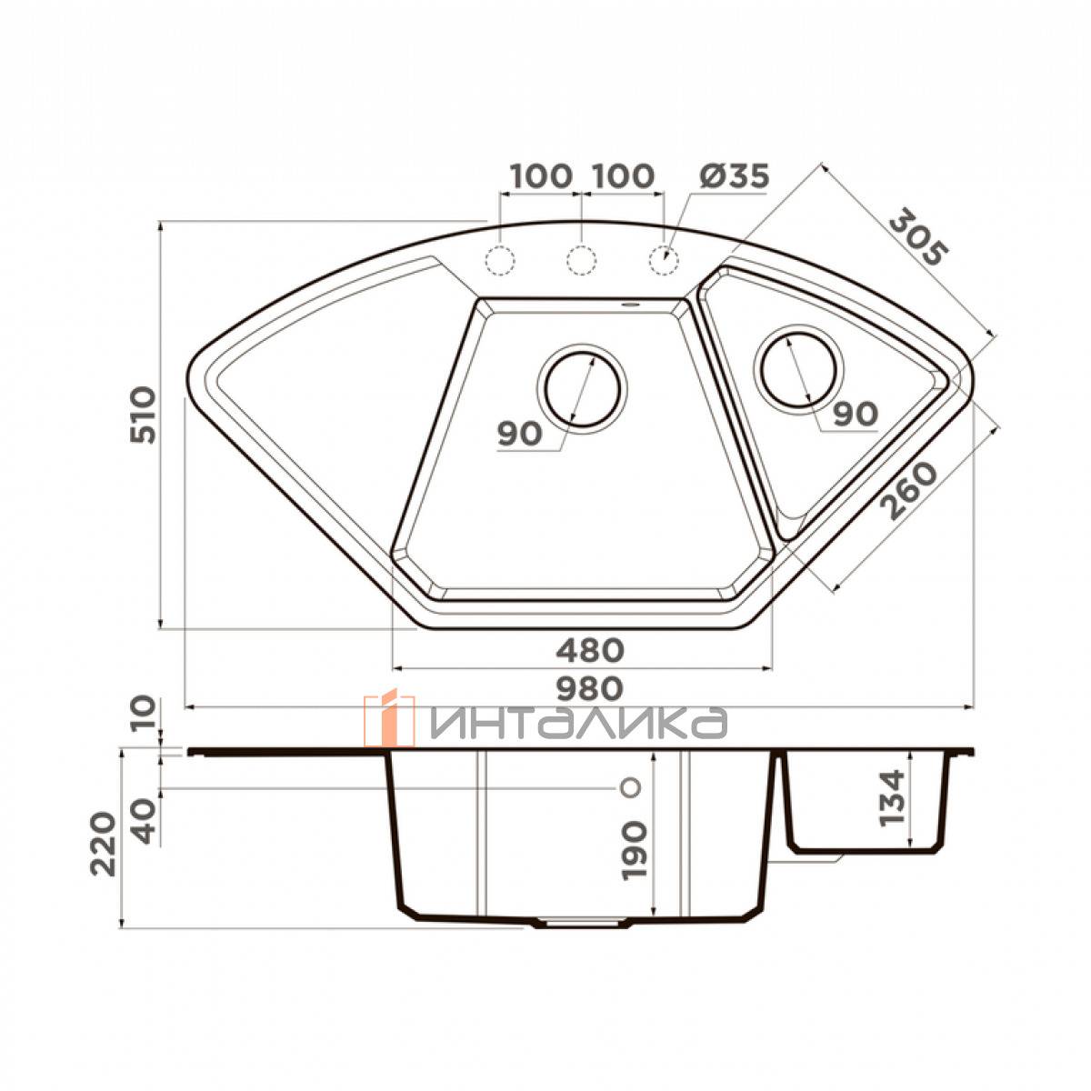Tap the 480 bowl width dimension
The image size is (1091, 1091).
click(589, 651)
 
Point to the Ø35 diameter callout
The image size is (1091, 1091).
click(735, 176)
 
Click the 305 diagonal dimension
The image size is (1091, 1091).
click(917, 237)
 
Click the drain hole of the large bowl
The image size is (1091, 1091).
click(582, 389)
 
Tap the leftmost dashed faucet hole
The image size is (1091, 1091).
click(500, 261)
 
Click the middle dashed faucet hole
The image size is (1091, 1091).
click(581, 261)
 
